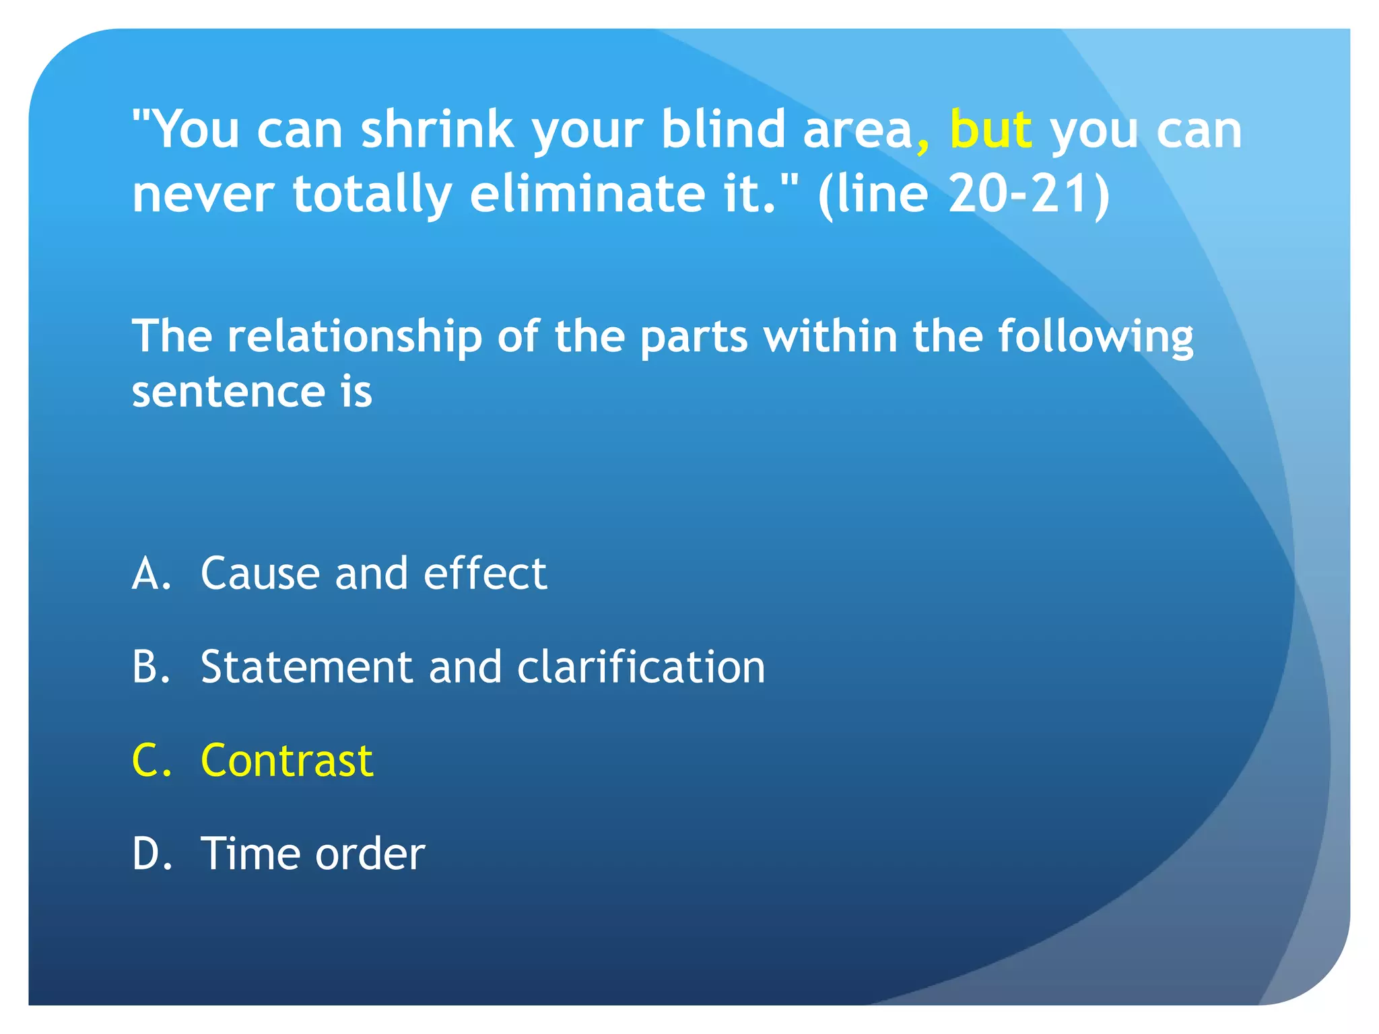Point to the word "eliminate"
tap(587, 193)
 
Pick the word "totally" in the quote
tap(372, 195)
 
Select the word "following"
tap(1095, 337)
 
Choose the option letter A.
tap(151, 574)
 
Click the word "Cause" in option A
tap(260, 574)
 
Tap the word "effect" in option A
tap(485, 574)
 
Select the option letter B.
tap(150, 667)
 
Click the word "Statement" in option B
tap(306, 667)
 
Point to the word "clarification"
tap(641, 667)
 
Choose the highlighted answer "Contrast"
tap(287, 761)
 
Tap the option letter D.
tap(152, 854)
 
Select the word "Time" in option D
tap(250, 854)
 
